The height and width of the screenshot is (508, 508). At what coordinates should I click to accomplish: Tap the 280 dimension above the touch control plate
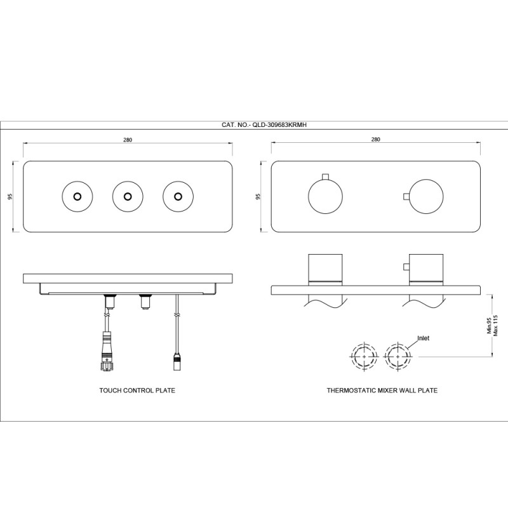click(128, 140)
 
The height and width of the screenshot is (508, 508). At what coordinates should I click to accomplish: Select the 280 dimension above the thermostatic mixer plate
click(375, 139)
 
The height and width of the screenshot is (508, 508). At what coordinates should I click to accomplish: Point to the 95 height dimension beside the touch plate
click(10, 196)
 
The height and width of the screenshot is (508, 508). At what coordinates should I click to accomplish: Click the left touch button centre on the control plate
click(77, 197)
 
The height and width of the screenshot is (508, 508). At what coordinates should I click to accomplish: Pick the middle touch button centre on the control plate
click(128, 197)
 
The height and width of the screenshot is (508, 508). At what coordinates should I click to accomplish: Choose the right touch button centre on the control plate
click(178, 197)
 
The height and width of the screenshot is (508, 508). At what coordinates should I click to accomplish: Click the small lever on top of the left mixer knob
click(325, 177)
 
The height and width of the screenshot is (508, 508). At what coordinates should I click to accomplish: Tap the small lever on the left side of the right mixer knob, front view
click(406, 197)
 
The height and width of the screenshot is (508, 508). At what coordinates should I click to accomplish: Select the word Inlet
click(423, 338)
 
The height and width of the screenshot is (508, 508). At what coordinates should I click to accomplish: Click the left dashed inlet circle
click(364, 356)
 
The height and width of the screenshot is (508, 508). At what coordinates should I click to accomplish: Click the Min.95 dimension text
click(489, 325)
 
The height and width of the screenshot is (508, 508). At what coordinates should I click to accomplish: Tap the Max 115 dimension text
click(495, 325)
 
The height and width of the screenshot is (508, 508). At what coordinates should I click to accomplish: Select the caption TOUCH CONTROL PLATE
click(137, 391)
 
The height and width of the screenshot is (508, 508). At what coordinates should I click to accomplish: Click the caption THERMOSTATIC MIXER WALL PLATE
click(382, 391)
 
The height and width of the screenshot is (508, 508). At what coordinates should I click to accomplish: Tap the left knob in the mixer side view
click(325, 269)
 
